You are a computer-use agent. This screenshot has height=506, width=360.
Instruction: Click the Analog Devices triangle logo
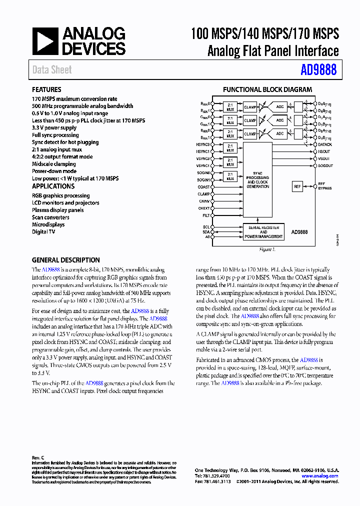45,41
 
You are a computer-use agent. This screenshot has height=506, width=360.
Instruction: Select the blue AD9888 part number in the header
318,70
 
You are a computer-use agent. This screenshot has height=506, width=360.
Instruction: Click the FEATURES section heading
46,89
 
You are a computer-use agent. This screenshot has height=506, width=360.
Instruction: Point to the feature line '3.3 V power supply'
54,127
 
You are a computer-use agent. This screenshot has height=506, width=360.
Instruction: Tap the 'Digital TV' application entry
43,231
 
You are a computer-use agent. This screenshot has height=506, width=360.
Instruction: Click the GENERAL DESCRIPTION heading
65,260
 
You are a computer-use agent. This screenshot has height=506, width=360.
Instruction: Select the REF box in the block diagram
297,186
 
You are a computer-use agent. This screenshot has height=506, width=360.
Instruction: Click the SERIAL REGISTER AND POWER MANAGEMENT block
263,232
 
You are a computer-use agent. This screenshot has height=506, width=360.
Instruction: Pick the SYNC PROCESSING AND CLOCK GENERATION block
257,182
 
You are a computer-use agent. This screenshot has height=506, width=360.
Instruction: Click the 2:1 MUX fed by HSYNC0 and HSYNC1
229,148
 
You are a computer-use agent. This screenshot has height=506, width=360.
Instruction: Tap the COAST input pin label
203,187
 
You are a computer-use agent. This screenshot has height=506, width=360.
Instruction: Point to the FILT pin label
205,215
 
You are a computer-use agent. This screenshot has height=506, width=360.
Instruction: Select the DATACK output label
325,144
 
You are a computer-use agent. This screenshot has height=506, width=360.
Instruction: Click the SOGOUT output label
325,165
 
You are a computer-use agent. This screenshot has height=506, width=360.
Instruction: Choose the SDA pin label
206,232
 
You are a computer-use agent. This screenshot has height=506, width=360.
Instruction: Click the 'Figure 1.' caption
267,249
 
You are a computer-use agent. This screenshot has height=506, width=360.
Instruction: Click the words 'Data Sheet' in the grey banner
52,70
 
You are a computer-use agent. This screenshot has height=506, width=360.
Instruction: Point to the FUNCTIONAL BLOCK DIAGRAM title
267,89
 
